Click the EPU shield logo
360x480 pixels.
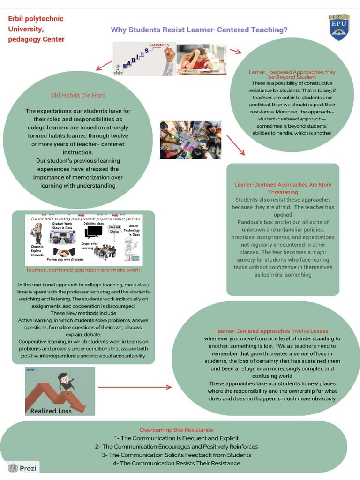coord(339,27)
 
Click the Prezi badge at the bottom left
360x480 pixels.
coord(23,468)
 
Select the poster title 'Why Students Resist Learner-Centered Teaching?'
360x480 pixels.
coord(199,30)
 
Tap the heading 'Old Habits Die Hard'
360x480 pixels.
coord(78,95)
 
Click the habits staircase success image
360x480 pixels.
coord(144,59)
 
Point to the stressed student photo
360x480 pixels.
coord(201,60)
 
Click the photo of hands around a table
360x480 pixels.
coord(190,140)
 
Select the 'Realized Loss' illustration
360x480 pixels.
coord(60,391)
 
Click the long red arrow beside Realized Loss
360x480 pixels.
coord(135,387)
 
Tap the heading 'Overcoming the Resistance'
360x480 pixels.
coord(176,430)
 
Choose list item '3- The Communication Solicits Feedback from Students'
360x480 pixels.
coord(176,455)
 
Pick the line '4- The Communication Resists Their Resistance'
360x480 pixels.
coord(176,463)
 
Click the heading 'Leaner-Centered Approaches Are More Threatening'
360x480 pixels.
coord(283,188)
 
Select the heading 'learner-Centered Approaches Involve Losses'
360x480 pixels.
coord(272,331)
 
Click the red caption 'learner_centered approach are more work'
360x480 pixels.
coord(83,270)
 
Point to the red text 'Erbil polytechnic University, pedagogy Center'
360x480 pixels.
coord(36,29)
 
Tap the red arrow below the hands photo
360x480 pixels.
coord(236,145)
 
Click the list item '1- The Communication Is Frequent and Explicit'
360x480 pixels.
coord(176,438)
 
